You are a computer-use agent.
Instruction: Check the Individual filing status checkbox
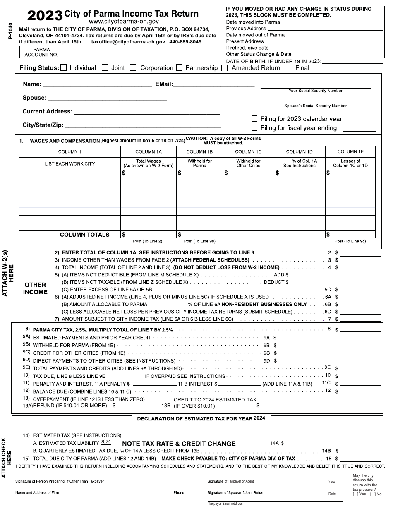pos(63,68)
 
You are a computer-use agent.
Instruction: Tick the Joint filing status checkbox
pos(105,68)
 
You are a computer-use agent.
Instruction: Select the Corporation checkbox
pos(133,68)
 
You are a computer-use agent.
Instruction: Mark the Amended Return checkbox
pos(224,68)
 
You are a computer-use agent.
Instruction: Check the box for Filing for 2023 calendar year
pos(254,119)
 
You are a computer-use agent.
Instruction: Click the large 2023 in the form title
pos(45,16)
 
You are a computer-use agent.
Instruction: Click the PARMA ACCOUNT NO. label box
pos(42,52)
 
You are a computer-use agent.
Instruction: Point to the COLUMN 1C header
pos(248,152)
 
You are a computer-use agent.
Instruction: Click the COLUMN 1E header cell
pos(350,152)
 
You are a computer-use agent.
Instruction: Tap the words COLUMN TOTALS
pos(84,235)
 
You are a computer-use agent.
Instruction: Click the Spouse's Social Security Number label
pos(315,106)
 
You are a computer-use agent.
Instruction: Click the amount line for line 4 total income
pos(360,267)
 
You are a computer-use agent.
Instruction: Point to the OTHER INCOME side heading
pos(35,288)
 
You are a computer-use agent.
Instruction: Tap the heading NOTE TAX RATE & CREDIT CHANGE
pos(179,444)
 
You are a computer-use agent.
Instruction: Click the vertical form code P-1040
pos(10,31)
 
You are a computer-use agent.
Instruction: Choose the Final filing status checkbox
pos(288,68)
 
